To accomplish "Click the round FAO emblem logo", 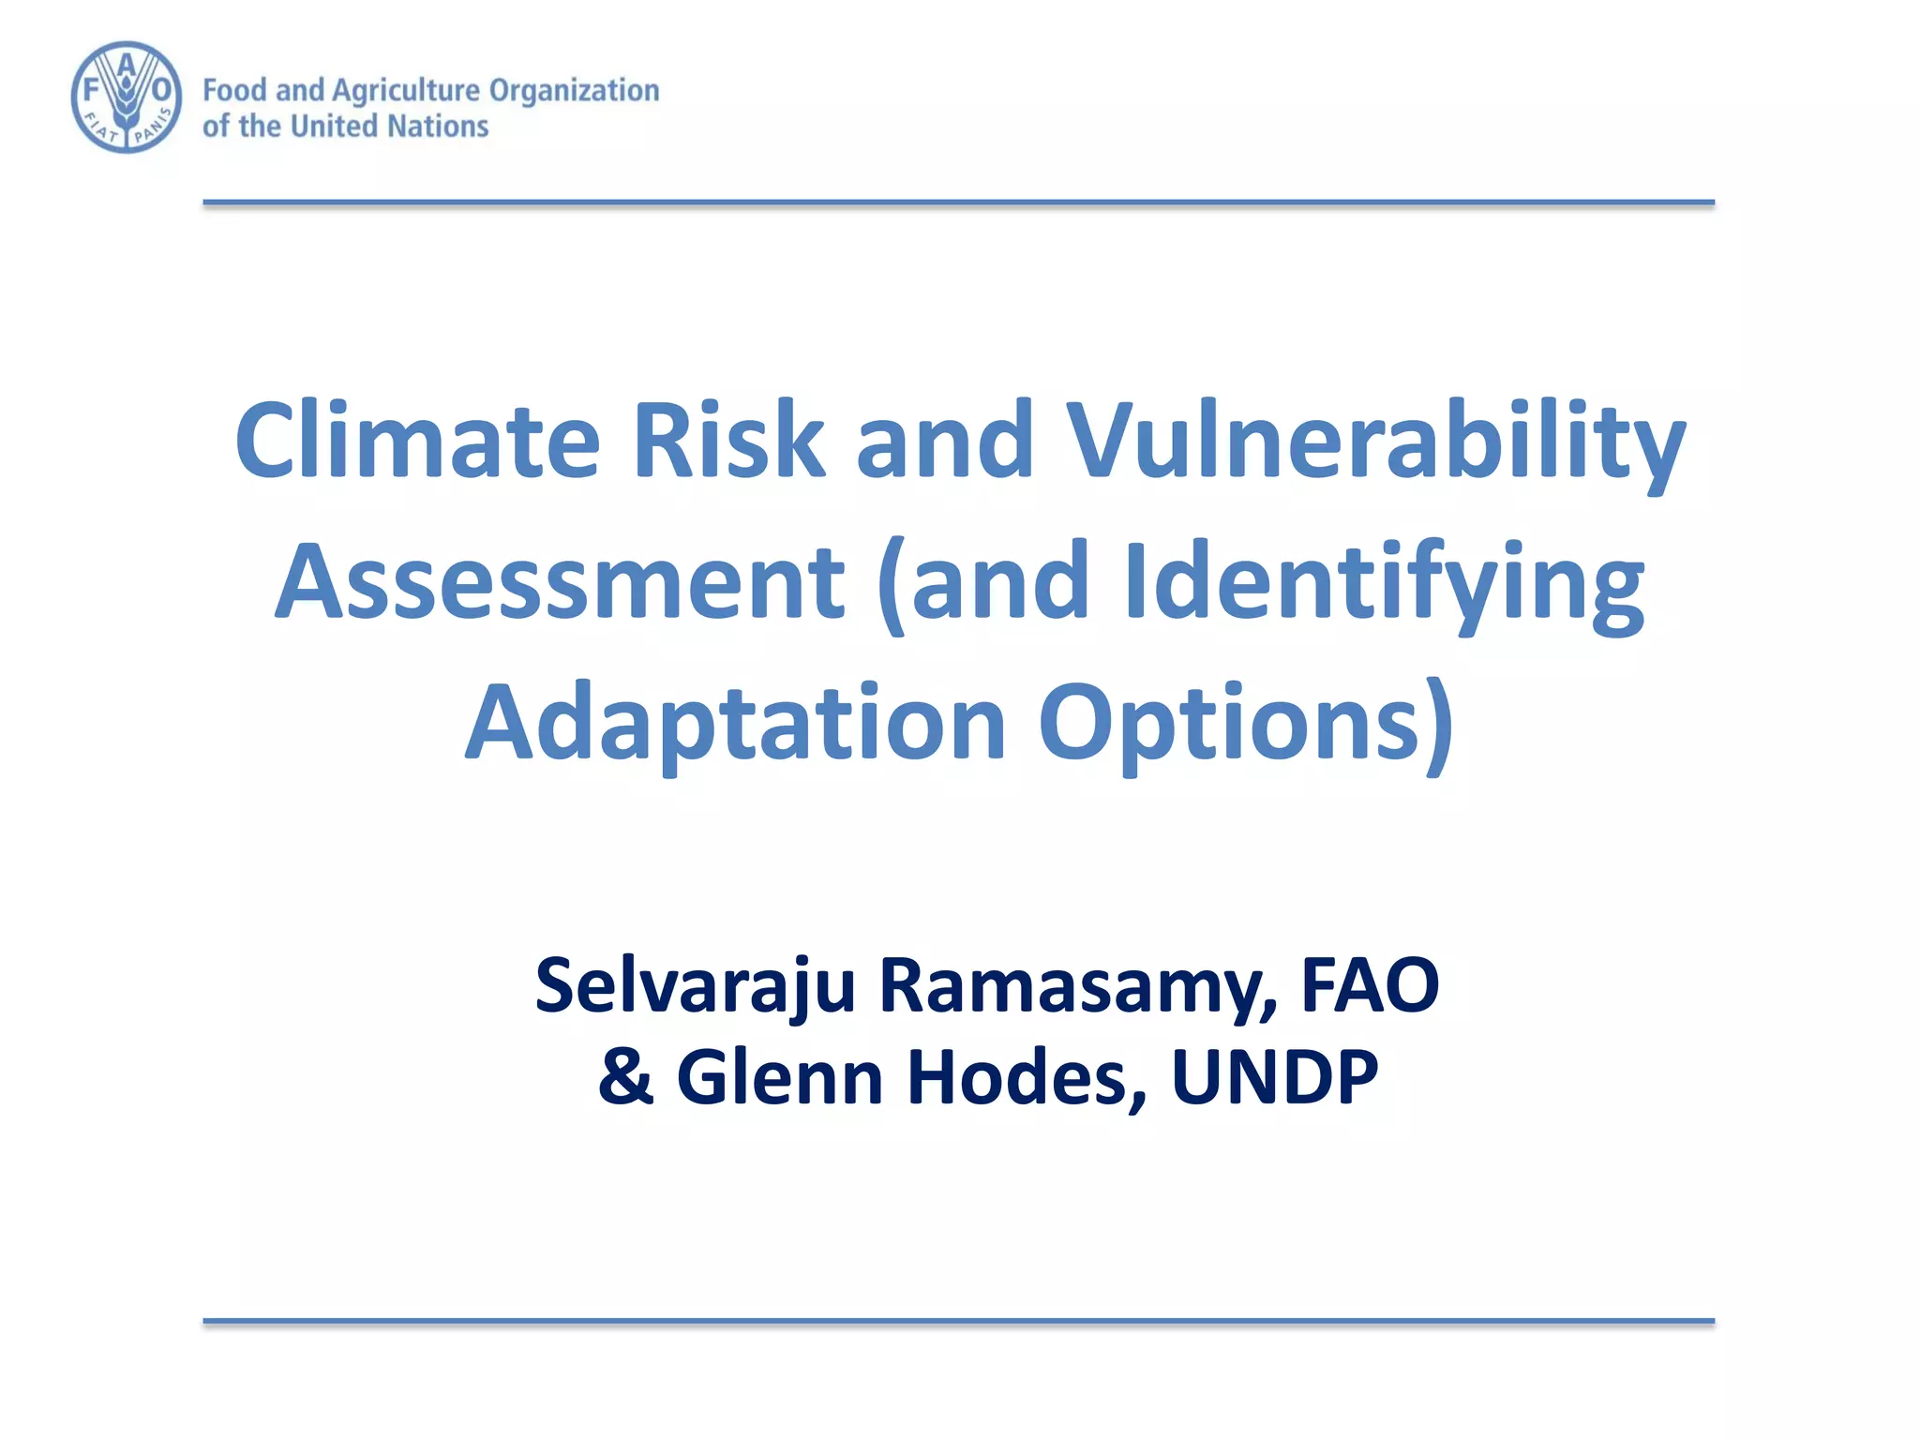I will (x=127, y=97).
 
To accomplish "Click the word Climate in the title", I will (x=417, y=441).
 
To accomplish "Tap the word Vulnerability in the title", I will (x=1376, y=441).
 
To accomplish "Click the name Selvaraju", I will (x=695, y=986).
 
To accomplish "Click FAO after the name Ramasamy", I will (x=1370, y=986).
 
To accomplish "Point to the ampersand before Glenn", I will (x=625, y=1077).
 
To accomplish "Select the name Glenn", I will (x=780, y=1077).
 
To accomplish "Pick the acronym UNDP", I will (x=1275, y=1077).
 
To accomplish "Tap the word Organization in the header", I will (x=574, y=91).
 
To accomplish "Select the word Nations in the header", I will (x=438, y=127).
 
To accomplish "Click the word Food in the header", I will (x=234, y=91).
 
